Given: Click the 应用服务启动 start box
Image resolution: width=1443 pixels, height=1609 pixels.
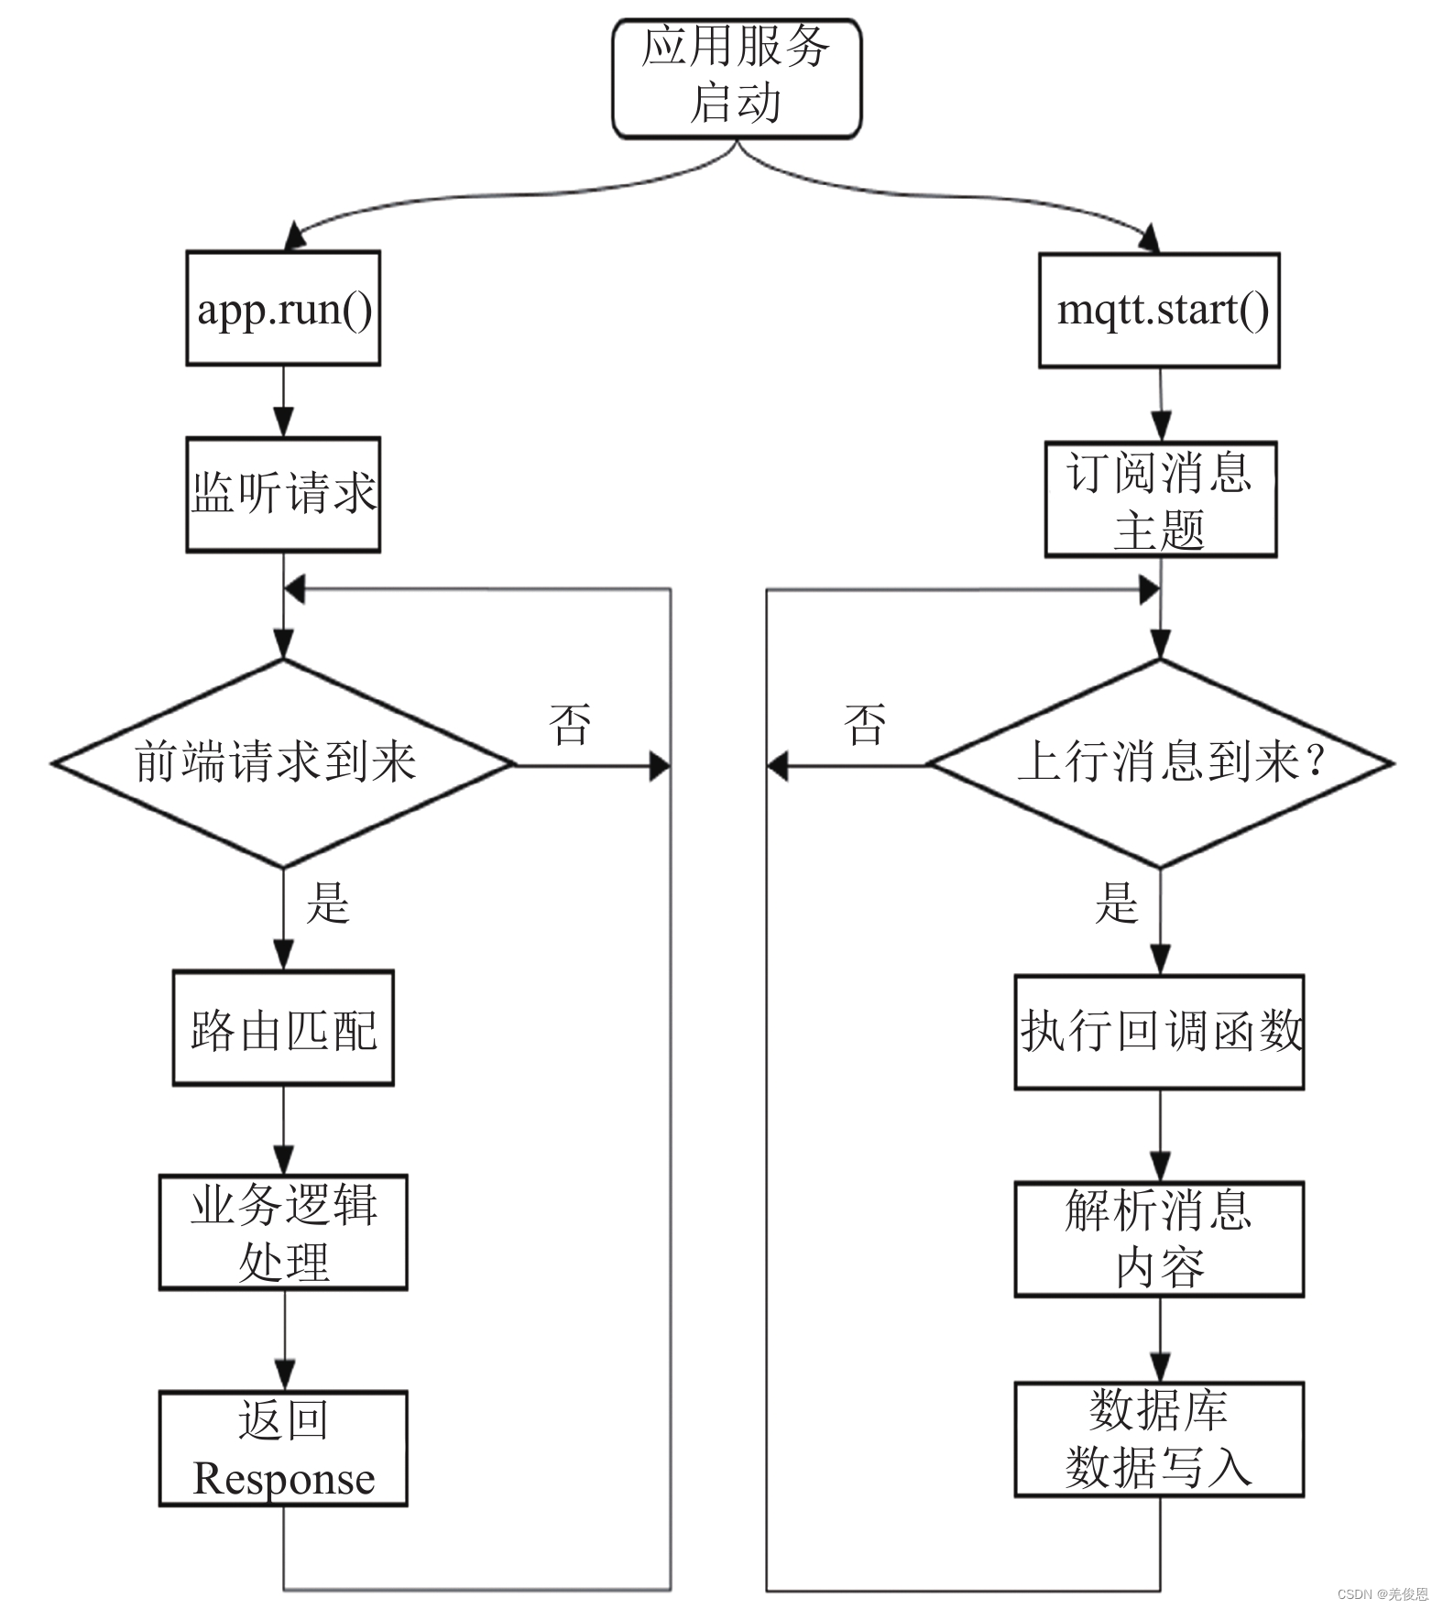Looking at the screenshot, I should tap(736, 78).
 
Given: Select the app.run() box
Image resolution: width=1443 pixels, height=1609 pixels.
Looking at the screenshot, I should tap(283, 309).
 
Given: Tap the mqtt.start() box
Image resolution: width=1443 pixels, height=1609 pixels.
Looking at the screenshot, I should tap(1159, 311).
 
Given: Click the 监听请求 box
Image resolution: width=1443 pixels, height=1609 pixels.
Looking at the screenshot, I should tap(283, 495).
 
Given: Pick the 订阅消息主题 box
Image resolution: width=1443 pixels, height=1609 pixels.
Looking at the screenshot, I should tap(1161, 499).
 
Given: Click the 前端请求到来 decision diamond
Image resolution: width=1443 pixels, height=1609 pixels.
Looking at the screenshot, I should tap(283, 762).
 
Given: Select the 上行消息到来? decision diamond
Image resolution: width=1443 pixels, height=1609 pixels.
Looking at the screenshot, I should tap(1161, 762).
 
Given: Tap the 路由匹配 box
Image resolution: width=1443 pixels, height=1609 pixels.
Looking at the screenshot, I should tap(283, 1028).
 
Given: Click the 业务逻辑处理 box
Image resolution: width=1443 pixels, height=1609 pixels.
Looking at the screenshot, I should tap(283, 1231).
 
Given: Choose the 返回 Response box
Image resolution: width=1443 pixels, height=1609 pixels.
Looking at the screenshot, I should tap(283, 1448).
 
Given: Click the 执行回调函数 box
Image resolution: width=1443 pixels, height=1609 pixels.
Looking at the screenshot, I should tap(1159, 1032).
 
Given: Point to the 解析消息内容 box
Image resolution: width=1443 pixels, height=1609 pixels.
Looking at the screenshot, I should tap(1159, 1239).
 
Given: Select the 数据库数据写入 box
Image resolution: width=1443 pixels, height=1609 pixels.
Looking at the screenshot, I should tap(1159, 1439).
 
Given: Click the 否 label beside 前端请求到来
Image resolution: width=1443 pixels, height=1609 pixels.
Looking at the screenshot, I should tap(570, 725).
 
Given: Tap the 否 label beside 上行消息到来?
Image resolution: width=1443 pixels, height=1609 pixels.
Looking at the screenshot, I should tap(865, 725).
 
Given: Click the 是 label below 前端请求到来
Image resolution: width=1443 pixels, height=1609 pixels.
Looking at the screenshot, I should tap(327, 903).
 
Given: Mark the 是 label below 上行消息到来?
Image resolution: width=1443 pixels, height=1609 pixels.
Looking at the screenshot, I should tap(1116, 903).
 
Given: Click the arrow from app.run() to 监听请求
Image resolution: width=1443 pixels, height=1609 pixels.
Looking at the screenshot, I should tap(283, 401).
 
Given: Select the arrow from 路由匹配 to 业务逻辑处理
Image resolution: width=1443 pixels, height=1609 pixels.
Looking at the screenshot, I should tap(284, 1130).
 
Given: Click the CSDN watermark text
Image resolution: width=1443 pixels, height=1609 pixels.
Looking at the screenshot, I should tap(1382, 1594).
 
